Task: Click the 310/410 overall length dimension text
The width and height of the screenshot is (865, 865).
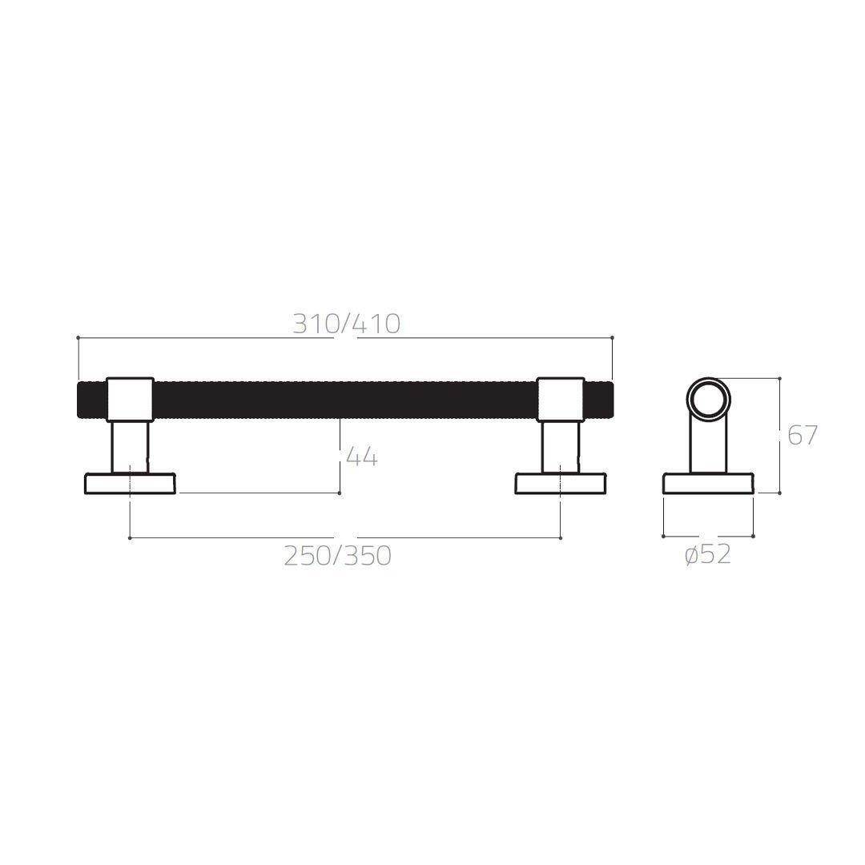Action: coord(345,324)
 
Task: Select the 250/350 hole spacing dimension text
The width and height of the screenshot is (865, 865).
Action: coord(338,555)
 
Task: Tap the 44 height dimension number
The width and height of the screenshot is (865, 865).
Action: coord(361,457)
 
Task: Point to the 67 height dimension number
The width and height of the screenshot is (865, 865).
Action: coord(802,436)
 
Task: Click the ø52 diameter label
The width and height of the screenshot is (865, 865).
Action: coord(708,554)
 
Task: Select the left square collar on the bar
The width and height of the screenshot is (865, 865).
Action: coord(130,399)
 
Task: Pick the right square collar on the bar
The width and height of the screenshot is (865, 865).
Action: coord(560,399)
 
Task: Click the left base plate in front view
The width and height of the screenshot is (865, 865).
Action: coord(130,484)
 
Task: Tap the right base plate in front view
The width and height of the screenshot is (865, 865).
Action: coord(560,484)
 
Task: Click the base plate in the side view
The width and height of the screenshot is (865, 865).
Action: coord(708,484)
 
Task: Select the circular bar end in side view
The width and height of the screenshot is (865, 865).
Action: coord(708,399)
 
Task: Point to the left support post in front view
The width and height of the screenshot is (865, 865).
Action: coord(130,447)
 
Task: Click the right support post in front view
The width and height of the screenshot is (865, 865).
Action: coord(560,447)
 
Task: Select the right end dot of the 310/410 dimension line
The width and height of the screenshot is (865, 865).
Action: coord(612,338)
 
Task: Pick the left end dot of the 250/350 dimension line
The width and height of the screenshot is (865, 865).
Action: coord(130,538)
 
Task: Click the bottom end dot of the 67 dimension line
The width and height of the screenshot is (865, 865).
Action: coord(779,493)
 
